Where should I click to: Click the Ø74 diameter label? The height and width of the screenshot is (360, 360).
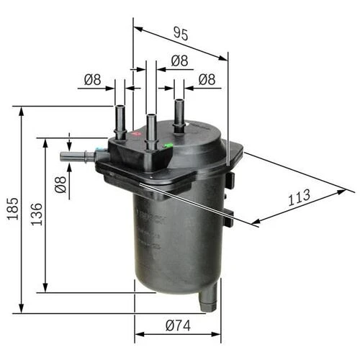point(178,325)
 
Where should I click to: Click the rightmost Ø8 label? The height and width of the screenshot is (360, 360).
point(207,80)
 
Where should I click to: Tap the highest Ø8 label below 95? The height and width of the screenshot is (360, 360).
point(179,61)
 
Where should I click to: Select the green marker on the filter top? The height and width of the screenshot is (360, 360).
point(168,146)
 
